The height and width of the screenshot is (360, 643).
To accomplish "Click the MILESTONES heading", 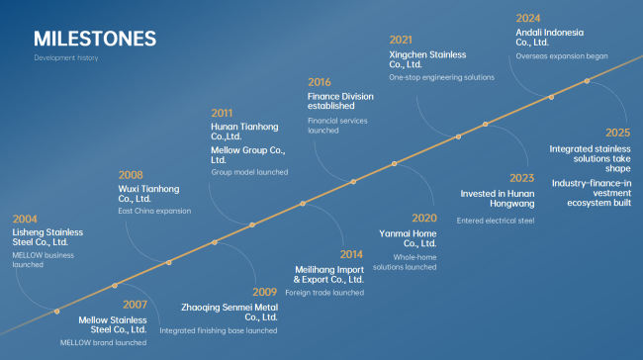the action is click(95, 39).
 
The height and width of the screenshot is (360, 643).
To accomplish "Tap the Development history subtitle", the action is click(66, 57).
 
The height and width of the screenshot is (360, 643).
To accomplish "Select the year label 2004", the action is click(25, 219).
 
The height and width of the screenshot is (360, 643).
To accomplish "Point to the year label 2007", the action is click(135, 305).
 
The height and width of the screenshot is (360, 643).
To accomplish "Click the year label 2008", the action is click(131, 175).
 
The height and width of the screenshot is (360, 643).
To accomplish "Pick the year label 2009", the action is click(264, 292).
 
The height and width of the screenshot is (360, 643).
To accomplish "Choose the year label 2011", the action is click(222, 113).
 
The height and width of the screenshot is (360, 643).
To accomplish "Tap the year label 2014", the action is click(351, 254).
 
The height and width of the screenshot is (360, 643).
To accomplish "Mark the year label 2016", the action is click(320, 82).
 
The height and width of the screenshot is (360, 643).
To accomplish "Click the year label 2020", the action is click(424, 219).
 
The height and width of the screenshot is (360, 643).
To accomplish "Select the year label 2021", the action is click(401, 40).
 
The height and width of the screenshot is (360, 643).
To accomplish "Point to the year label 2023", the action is click(522, 178).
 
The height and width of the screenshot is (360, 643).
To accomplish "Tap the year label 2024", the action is click(528, 19).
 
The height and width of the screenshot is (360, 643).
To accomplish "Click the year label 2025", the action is click(618, 133).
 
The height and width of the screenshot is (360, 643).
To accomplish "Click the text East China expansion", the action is click(154, 211).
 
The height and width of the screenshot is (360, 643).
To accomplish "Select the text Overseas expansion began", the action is click(562, 56).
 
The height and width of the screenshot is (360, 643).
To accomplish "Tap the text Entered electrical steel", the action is click(496, 221).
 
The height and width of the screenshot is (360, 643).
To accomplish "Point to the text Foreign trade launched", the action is click(324, 293).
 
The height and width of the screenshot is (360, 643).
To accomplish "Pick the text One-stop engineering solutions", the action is click(441, 77).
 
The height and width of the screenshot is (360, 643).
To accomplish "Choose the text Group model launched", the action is click(249, 172).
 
